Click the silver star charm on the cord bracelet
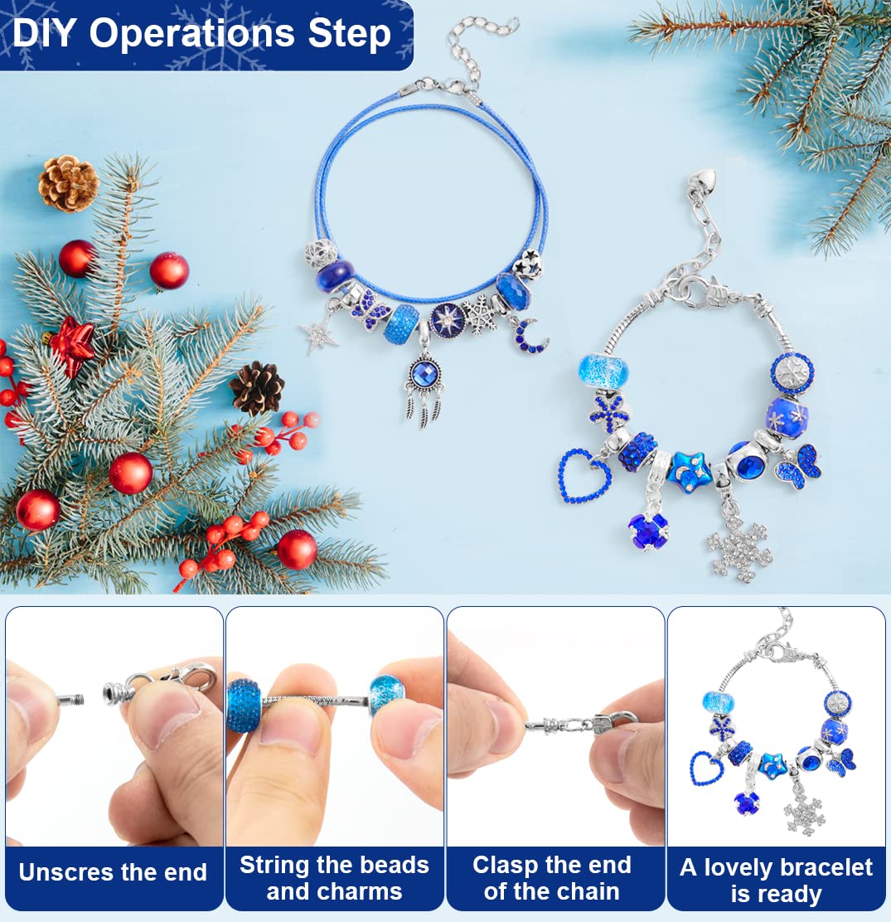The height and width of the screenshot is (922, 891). [x=319, y=335]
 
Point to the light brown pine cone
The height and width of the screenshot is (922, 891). [x=68, y=182]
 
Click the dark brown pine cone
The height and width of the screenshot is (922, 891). [x=257, y=387]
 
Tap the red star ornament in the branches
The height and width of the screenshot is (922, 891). [x=72, y=346]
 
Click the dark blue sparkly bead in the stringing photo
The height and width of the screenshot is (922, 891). [x=245, y=705]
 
